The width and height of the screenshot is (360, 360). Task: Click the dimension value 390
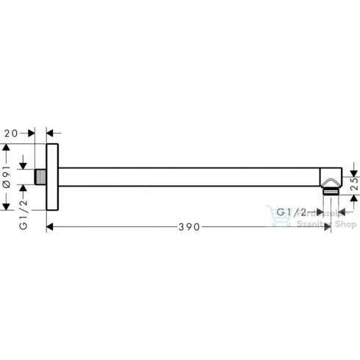pos(189,228)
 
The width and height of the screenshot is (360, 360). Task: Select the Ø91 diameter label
pos(7,178)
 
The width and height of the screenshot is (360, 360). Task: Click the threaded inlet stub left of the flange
pos(40,179)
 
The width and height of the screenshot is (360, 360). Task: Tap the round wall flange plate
pos(53,179)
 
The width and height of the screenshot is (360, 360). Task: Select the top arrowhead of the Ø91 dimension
pos(7,147)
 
